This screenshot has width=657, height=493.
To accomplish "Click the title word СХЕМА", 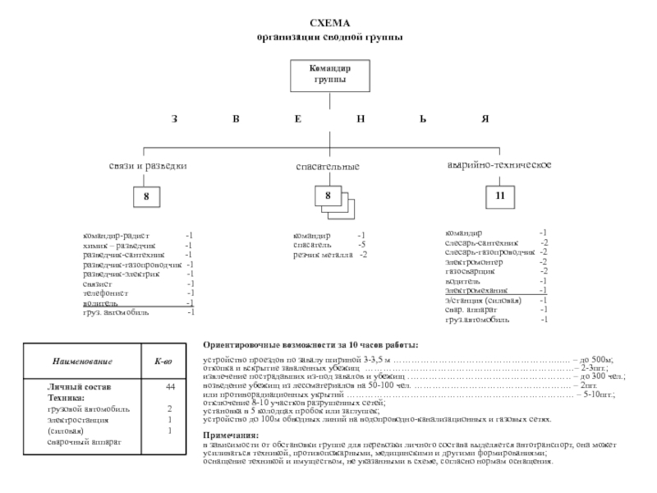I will click(x=328, y=25).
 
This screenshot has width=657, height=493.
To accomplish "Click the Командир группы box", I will click(x=328, y=75).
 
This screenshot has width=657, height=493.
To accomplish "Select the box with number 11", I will click(x=499, y=197).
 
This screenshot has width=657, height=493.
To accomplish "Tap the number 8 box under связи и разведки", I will click(x=146, y=197).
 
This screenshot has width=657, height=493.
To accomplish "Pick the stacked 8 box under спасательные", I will click(x=328, y=197).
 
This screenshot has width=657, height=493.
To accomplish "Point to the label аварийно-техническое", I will click(x=498, y=166).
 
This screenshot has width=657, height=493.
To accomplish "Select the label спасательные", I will click(x=328, y=167).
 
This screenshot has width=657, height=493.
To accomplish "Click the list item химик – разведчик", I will click(x=113, y=245).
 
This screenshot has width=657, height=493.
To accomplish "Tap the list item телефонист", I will click(x=104, y=293).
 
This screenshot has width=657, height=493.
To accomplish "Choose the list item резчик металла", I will click(x=324, y=255).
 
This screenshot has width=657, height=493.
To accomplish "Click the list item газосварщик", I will click(x=470, y=271).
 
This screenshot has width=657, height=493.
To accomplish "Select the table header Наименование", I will click(x=83, y=362).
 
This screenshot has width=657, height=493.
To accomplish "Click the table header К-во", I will click(x=163, y=362).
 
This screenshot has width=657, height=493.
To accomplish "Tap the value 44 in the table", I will click(x=170, y=386).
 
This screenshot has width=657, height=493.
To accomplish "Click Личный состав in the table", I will click(x=74, y=386).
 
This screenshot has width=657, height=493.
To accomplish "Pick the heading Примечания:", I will click(x=231, y=434).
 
